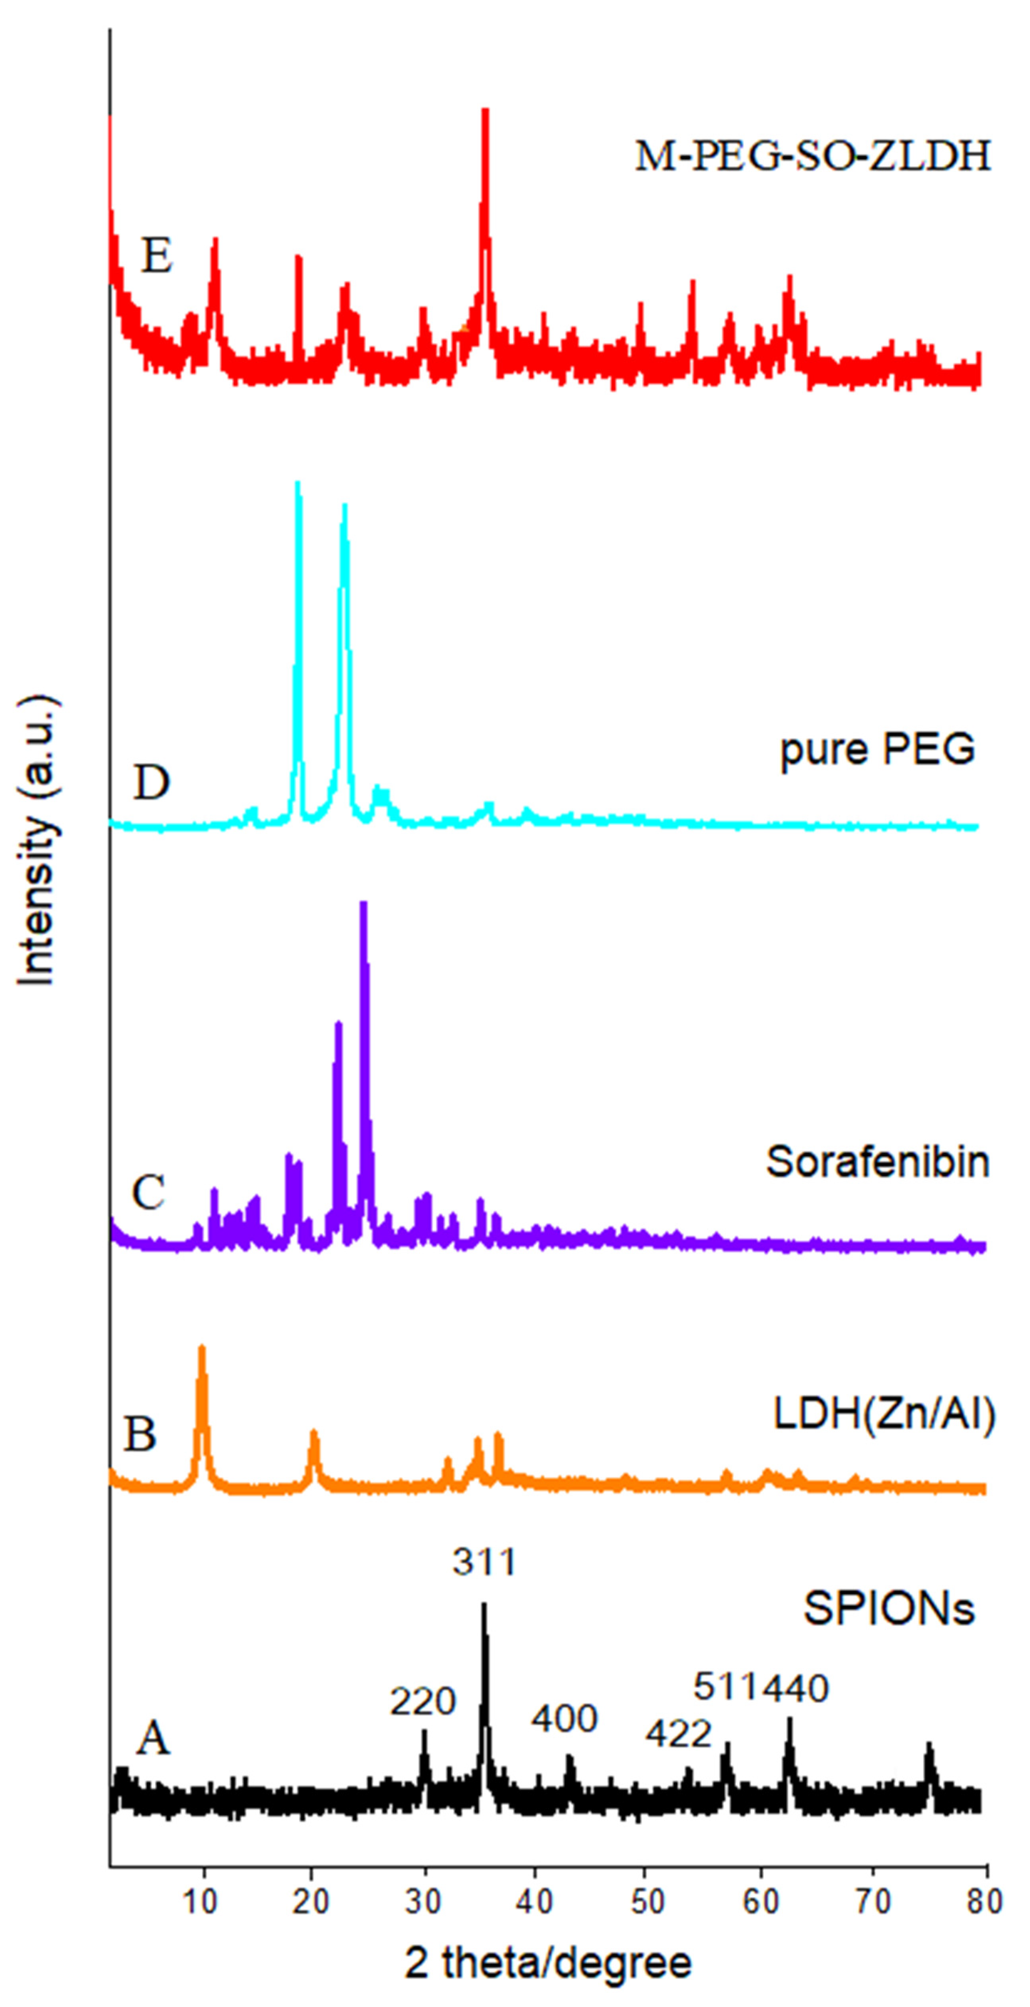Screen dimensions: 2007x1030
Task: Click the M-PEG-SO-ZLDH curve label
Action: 813,156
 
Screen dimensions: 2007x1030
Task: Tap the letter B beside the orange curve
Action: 140,1433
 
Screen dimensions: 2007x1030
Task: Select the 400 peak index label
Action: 564,1718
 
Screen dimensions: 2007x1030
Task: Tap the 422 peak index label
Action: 679,1733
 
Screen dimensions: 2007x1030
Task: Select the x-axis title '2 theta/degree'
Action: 548,1962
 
